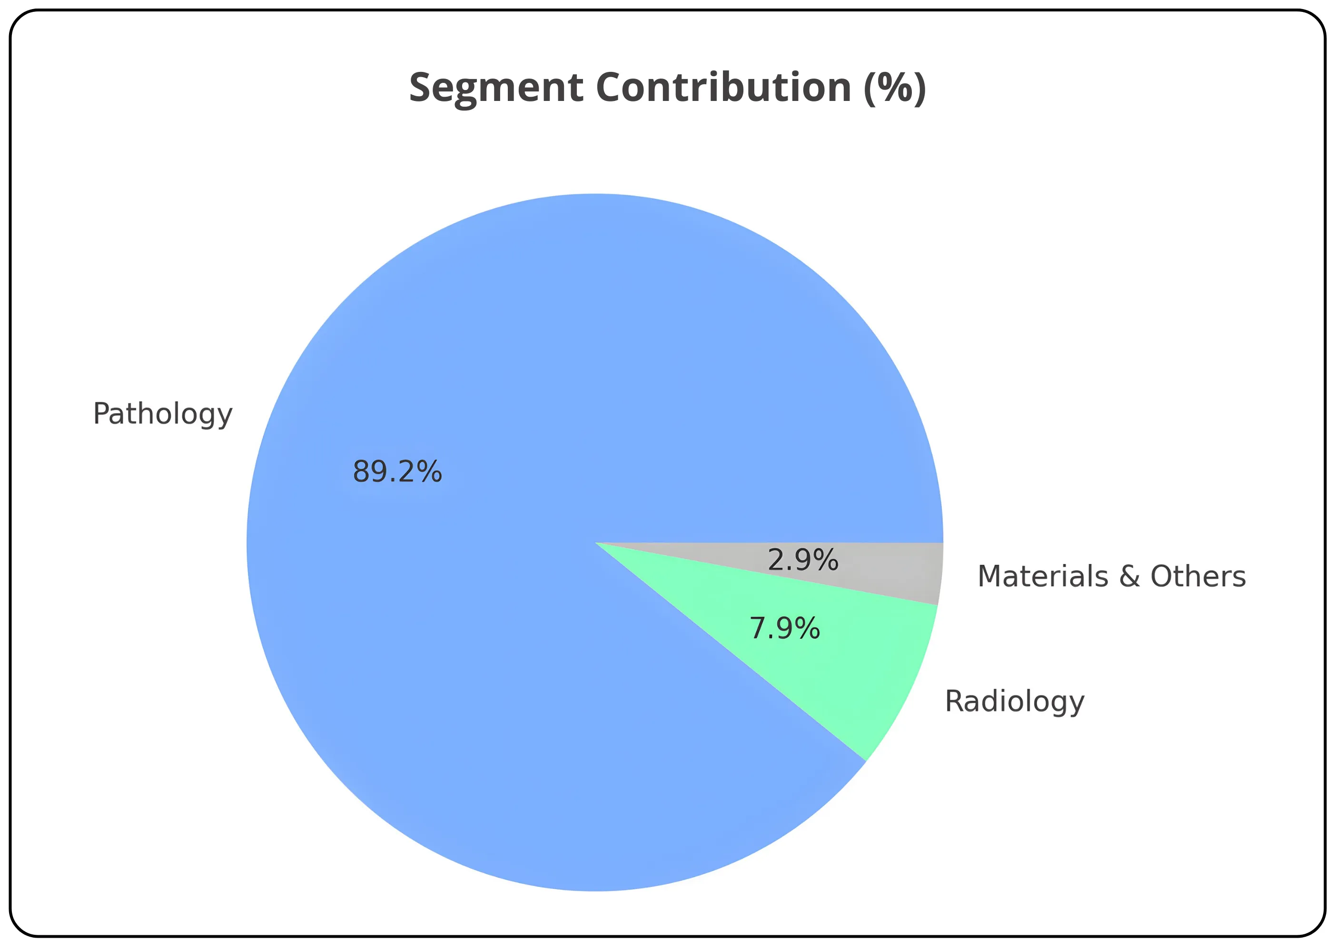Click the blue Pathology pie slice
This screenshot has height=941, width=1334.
(x=523, y=349)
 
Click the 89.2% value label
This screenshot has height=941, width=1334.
(x=397, y=471)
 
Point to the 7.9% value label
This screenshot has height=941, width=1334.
(x=784, y=629)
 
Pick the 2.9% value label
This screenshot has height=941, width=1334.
(x=803, y=560)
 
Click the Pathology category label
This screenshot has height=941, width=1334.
(x=163, y=414)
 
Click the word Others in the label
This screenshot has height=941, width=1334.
(x=1198, y=577)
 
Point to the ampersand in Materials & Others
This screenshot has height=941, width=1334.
(x=1129, y=577)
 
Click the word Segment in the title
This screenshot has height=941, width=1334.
(x=495, y=89)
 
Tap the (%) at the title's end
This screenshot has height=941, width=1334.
(x=895, y=89)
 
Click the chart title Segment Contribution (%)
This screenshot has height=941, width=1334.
(x=667, y=89)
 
